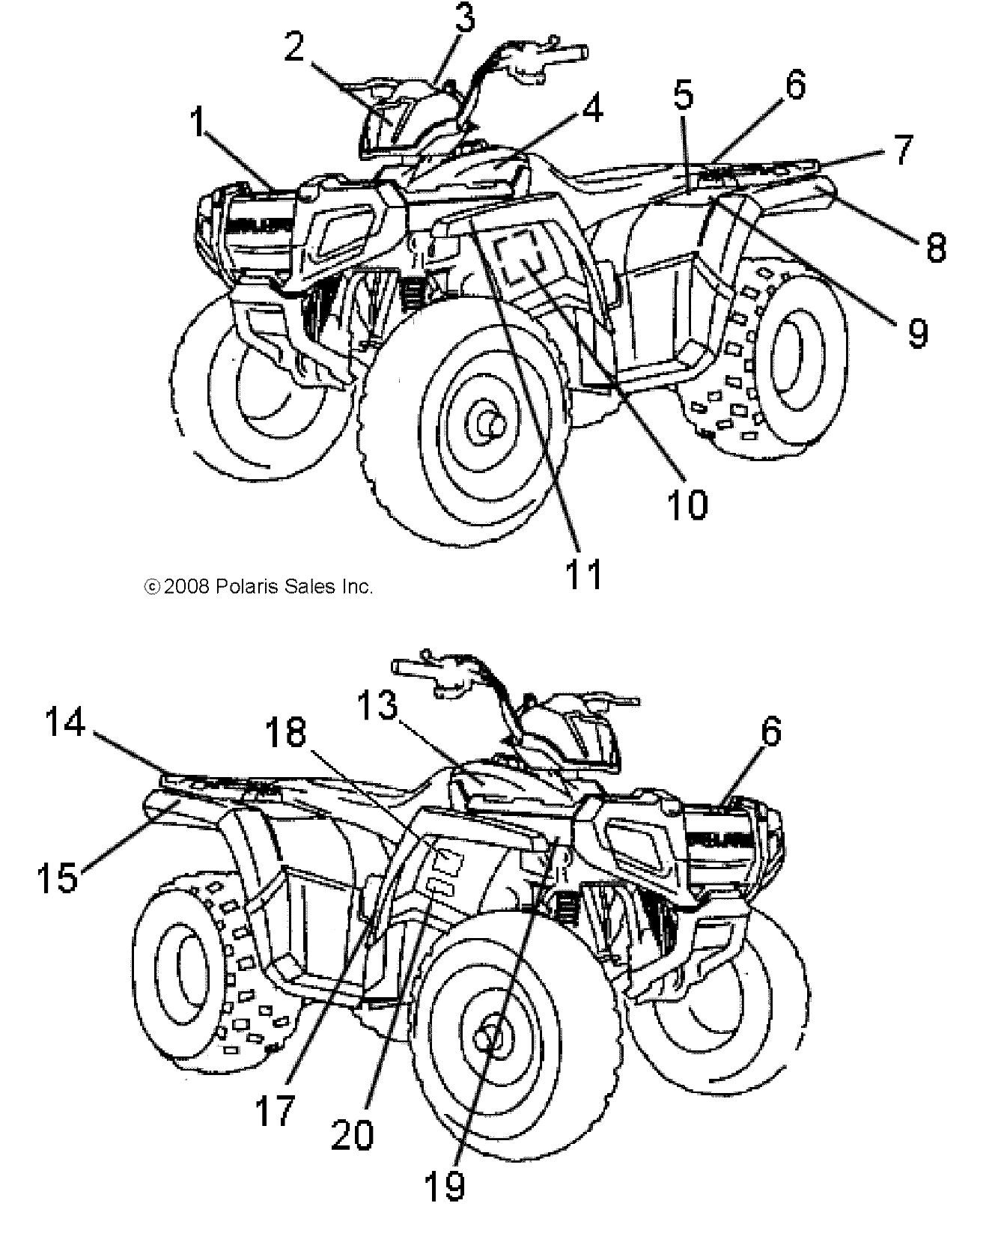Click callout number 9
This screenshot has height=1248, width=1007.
tap(917, 332)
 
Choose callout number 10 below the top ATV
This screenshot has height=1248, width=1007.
tap(687, 505)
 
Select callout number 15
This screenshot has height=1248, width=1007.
tap(58, 877)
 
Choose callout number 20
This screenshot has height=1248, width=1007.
tap(353, 1136)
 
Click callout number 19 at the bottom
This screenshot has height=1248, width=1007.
tap(444, 1185)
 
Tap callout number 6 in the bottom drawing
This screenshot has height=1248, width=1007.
tap(772, 730)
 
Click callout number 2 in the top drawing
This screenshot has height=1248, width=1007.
tap(294, 48)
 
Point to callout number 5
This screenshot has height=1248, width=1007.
tap(683, 96)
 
